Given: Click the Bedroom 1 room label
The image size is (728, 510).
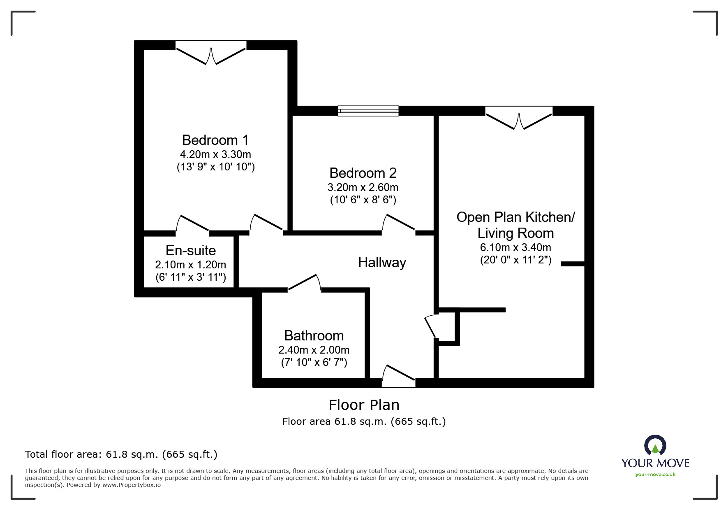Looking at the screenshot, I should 215,140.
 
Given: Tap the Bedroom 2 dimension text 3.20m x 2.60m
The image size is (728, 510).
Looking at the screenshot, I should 363,188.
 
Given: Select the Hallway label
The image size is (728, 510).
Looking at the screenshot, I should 382,263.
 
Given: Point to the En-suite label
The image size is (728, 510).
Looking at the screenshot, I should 191,250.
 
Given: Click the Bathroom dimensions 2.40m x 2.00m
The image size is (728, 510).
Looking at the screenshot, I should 314,350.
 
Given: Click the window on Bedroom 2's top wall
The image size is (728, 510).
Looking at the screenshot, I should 368,110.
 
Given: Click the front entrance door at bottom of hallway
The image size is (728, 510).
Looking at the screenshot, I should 398,376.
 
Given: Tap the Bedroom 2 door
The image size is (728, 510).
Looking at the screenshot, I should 398,224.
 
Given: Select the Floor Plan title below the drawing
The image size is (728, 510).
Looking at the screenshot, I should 364,405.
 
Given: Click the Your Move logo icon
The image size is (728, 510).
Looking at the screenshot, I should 655,446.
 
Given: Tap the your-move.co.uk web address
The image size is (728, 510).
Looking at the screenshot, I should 655,475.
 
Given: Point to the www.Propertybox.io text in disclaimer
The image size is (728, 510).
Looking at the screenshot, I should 131,485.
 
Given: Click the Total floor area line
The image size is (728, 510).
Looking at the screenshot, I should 121,454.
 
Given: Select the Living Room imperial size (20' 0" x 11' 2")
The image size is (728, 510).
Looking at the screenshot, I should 515,260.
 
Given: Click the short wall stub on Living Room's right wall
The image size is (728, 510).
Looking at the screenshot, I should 573,264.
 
